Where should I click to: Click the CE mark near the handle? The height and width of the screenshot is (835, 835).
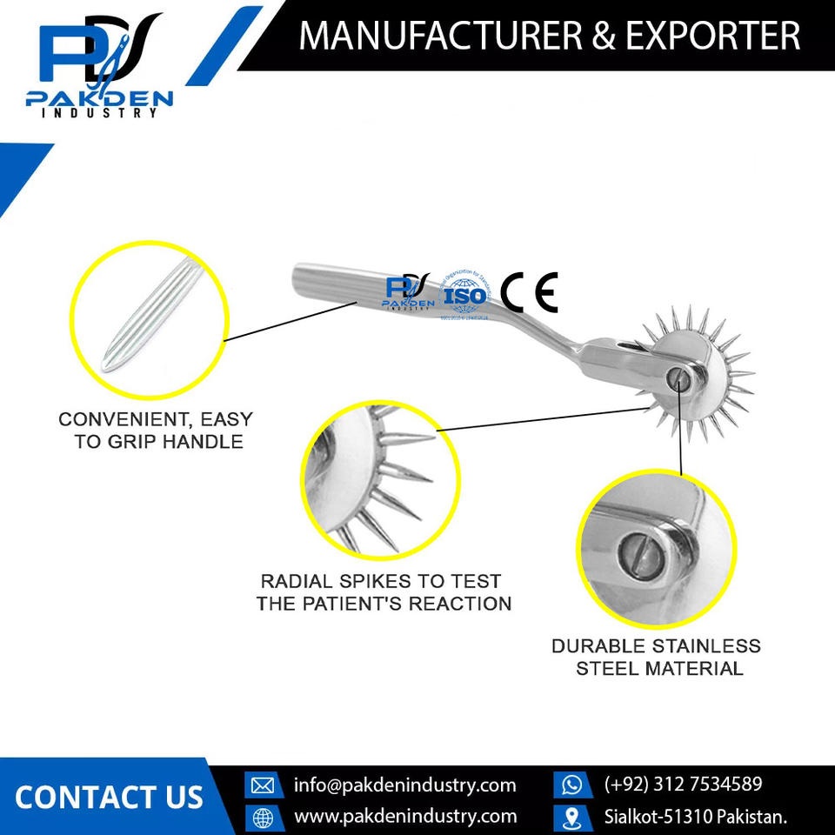click(529, 293)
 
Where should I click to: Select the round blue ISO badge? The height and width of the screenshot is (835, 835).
click(464, 294)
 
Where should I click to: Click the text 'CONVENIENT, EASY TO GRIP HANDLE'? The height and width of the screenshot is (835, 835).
click(150, 430)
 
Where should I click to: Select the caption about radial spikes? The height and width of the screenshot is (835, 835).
click(383, 591)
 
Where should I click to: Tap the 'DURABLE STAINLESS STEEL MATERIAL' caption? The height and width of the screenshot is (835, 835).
click(656, 658)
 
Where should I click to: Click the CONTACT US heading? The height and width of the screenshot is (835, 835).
click(109, 797)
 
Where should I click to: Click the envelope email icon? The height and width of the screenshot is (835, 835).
click(262, 785)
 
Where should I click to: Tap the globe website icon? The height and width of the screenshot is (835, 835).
click(262, 818)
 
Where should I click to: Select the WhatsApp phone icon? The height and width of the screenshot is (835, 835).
click(571, 785)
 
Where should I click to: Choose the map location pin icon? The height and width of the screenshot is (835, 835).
click(571, 818)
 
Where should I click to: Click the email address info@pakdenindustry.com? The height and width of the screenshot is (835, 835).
click(404, 785)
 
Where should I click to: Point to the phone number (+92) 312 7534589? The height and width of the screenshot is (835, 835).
click(683, 785)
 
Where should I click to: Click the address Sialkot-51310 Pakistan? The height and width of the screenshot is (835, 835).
click(696, 817)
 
